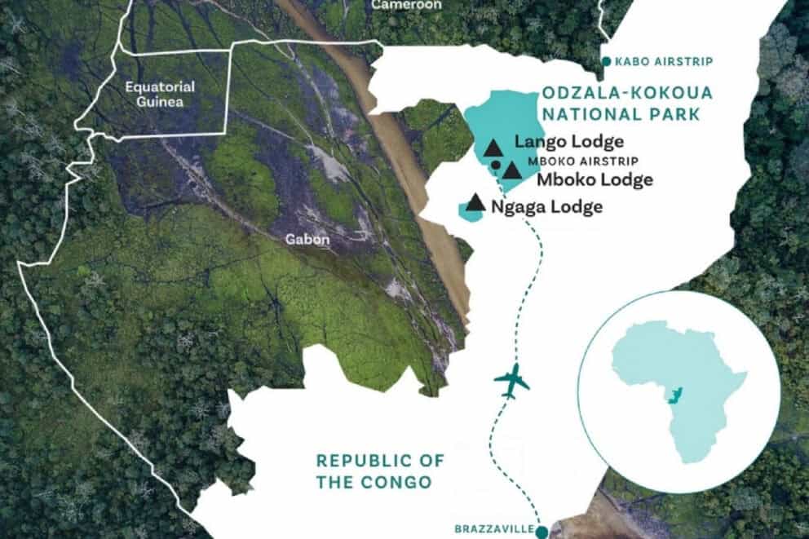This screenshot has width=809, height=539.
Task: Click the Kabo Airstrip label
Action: pyautogui.click(x=665, y=62)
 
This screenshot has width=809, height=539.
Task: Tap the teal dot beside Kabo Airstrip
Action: pyautogui.click(x=606, y=61)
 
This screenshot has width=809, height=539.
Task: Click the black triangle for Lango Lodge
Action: pyautogui.click(x=493, y=148)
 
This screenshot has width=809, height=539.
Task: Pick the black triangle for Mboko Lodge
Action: pyautogui.click(x=512, y=170)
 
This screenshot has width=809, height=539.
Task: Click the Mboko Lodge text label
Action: pyautogui.click(x=595, y=179)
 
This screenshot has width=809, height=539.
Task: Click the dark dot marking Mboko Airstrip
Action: pyautogui.click(x=496, y=165)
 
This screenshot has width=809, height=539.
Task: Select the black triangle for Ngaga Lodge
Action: pyautogui.click(x=475, y=201)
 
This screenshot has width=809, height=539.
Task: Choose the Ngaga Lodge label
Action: pyautogui.click(x=547, y=206)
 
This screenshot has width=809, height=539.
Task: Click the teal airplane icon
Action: pyautogui.click(x=512, y=381)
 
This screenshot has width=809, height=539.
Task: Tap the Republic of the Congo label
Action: pyautogui.click(x=380, y=471)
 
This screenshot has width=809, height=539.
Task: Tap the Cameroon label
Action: pyautogui.click(x=406, y=5)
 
